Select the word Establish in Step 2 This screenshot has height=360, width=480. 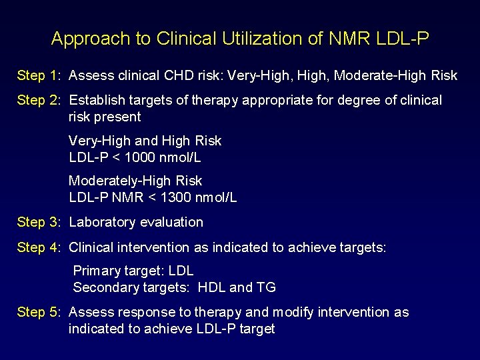95,101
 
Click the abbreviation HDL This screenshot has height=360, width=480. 212,287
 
